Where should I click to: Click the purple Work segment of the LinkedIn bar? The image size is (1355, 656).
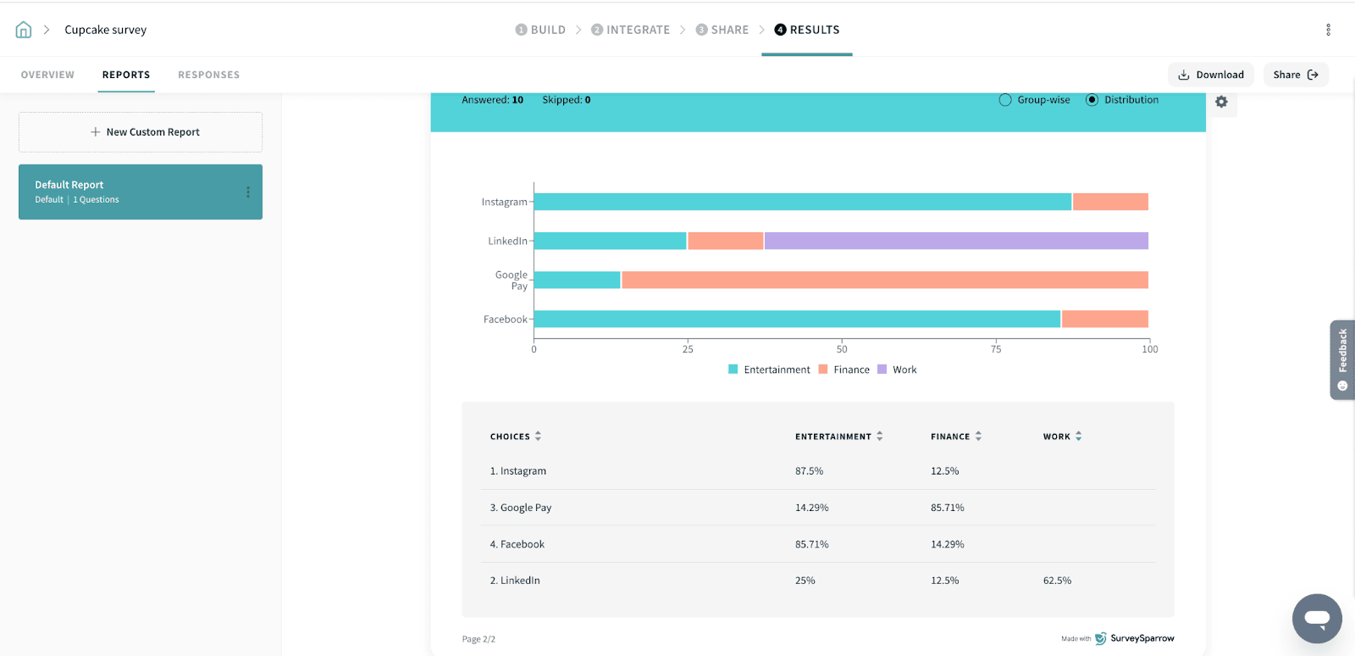pos(955,241)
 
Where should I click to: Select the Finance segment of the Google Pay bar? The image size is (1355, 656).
pos(884,280)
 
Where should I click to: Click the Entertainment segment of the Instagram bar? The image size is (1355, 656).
pos(802,202)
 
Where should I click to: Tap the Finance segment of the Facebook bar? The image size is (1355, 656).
pos(1104,319)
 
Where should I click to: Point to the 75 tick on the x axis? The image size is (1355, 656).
pos(996,349)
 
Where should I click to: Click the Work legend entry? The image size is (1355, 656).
pos(898,370)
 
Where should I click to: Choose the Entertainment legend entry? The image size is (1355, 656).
pos(769,370)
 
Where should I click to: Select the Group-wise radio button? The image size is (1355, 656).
pos(1005,100)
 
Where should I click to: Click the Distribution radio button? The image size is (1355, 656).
pos(1092,100)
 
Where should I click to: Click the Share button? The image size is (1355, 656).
pos(1295,75)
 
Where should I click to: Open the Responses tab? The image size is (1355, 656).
pos(208,75)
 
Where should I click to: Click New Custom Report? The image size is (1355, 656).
pos(141,132)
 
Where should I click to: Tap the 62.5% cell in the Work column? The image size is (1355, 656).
pos(1057,581)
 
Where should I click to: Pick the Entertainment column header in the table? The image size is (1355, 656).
pos(833,436)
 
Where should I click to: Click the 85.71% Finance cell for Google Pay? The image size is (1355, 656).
pos(947,508)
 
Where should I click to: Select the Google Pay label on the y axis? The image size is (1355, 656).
pos(512,281)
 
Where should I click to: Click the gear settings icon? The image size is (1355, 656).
pos(1221,102)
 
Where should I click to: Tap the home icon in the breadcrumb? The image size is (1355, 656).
pos(24,30)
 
